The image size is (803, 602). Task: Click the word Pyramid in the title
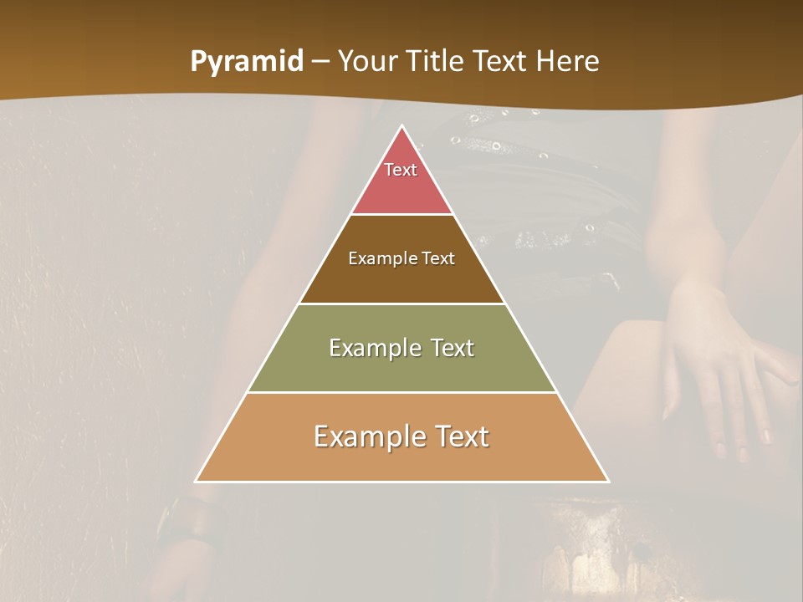(x=247, y=62)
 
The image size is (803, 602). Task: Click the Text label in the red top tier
(x=401, y=170)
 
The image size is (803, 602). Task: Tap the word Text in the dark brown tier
(x=438, y=259)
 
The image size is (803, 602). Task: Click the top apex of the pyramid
(x=402, y=127)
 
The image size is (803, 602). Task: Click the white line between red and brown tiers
(x=401, y=215)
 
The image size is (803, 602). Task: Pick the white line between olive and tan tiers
(x=401, y=392)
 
